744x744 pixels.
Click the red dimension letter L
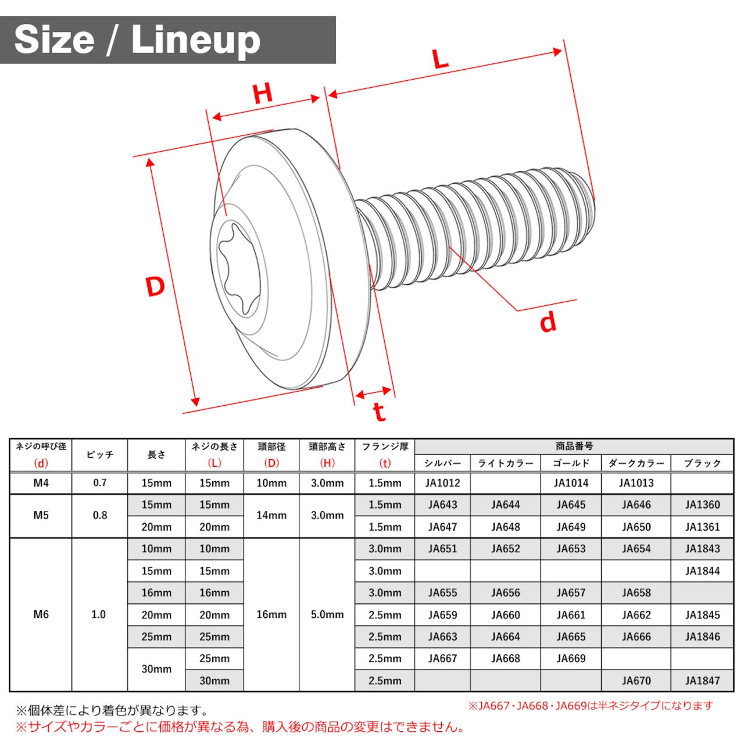click(x=440, y=59)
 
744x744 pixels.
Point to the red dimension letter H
click(x=263, y=94)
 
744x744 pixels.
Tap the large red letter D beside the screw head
click(x=155, y=287)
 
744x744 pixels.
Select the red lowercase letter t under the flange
click(x=379, y=412)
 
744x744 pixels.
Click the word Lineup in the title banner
click(x=196, y=40)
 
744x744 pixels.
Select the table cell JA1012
click(x=442, y=483)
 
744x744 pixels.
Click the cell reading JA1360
click(x=702, y=505)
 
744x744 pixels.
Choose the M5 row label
click(x=41, y=516)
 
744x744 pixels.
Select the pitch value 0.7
click(x=99, y=482)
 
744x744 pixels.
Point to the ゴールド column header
click(x=571, y=463)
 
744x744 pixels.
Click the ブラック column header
click(x=702, y=463)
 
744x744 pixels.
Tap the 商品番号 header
click(x=574, y=446)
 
